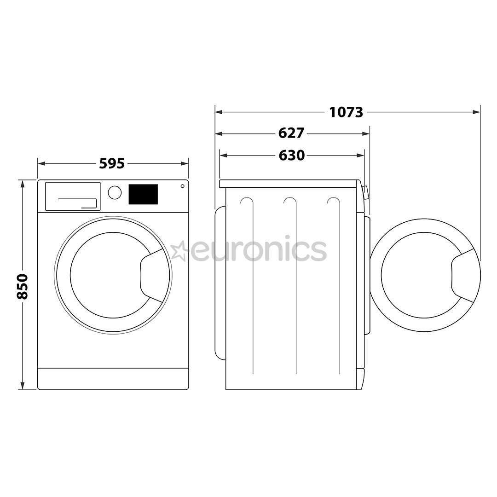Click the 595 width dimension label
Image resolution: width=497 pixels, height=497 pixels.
(x=112, y=163)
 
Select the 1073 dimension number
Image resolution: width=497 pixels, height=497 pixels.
(x=346, y=112)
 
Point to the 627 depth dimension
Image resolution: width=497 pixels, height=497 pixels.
(x=291, y=133)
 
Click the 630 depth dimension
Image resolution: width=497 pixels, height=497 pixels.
(x=292, y=156)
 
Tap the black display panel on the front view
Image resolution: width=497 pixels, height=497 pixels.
(x=143, y=194)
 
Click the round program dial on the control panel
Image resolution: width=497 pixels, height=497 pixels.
(x=115, y=192)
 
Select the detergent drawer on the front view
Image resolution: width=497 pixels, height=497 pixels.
(x=73, y=196)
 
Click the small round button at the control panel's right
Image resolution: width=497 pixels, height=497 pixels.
(x=182, y=186)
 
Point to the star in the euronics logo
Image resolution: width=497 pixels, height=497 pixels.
(x=179, y=251)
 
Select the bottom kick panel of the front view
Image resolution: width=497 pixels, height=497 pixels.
(x=113, y=378)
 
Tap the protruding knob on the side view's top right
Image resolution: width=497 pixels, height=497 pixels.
(x=366, y=192)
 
